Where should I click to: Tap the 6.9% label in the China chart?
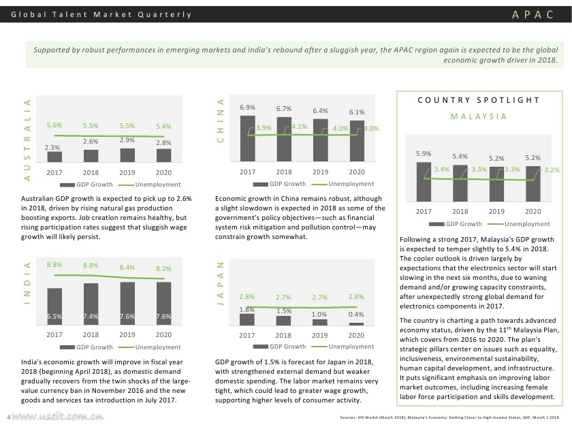[247, 108]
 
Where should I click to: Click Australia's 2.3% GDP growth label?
[54, 147]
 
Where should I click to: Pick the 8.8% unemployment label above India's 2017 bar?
[54, 264]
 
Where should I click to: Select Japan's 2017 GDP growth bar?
[247, 319]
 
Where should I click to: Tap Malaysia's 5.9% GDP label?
[424, 154]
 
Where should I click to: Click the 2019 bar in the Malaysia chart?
[497, 187]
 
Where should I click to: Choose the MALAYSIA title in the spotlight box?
[479, 116]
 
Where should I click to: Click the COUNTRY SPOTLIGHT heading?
[479, 100]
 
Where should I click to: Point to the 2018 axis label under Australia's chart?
[91, 173]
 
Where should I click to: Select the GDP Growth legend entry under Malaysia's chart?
[463, 223]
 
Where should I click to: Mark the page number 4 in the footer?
[7, 417]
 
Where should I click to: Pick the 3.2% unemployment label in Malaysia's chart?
[552, 170]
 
